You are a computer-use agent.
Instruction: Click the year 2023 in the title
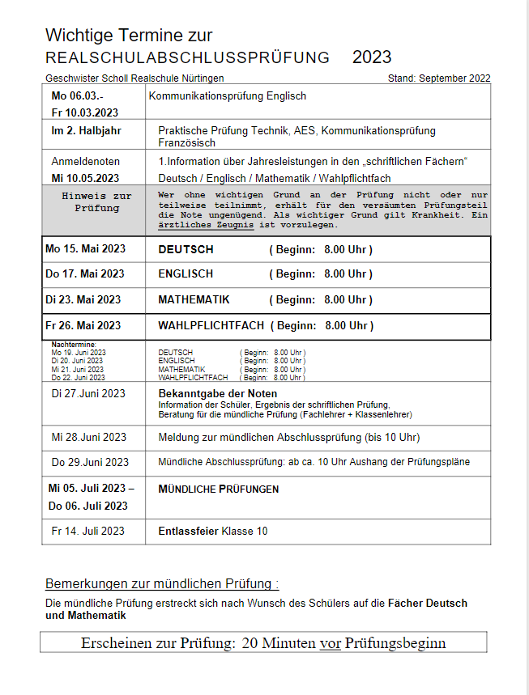[372, 57]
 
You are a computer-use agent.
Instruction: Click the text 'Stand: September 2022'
[439, 78]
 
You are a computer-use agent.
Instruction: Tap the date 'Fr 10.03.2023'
[85, 112]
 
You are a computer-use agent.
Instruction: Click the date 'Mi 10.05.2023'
[85, 178]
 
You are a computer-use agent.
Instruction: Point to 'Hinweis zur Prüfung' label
[96, 201]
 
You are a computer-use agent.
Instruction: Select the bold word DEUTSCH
[186, 250]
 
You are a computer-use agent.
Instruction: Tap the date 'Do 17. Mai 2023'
[85, 274]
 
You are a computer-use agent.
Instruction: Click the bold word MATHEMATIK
[194, 299]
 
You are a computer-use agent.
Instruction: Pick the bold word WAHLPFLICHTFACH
[211, 325]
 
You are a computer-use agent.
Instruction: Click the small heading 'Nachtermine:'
[74, 345]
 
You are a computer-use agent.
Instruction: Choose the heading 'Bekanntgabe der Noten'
[217, 393]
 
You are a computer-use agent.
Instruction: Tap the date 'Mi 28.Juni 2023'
[89, 437]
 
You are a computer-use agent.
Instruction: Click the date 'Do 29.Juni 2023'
[90, 463]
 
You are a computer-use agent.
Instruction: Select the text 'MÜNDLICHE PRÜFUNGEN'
[218, 489]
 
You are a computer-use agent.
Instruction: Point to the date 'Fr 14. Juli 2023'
[87, 531]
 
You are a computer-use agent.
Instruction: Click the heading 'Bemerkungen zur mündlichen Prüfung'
[161, 583]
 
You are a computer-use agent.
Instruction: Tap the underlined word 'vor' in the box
[330, 643]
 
